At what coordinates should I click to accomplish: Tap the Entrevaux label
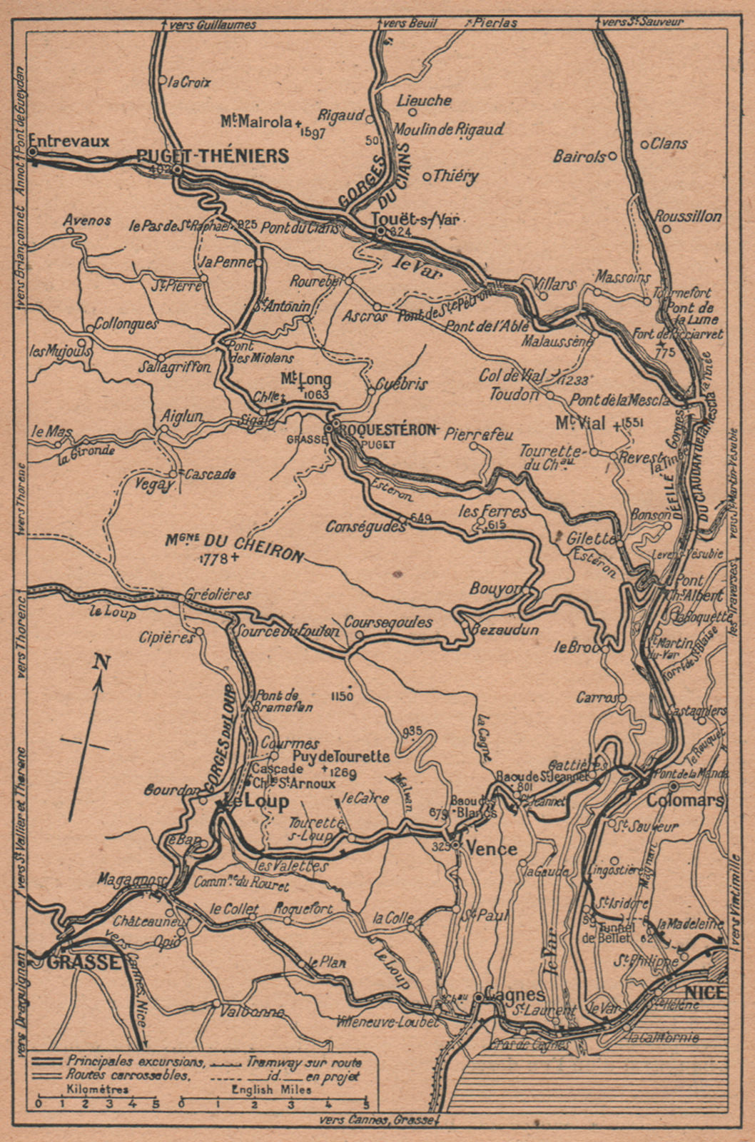click(71, 141)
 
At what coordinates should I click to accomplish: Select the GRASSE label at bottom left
click(84, 962)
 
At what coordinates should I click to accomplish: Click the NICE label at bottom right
click(704, 993)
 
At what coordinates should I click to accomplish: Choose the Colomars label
click(684, 800)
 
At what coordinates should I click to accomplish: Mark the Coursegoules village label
click(388, 622)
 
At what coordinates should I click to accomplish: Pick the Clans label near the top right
click(669, 143)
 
